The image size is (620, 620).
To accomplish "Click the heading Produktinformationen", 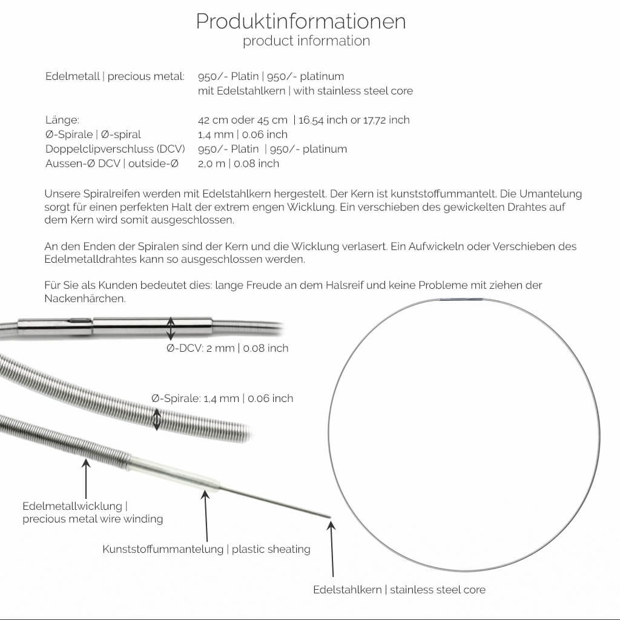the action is (x=301, y=21).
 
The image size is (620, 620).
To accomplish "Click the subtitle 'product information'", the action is (x=306, y=41).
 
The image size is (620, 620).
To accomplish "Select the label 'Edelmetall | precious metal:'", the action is (x=115, y=76).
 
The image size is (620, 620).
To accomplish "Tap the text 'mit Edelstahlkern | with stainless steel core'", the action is (x=305, y=91).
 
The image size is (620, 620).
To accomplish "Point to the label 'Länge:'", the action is (x=62, y=120).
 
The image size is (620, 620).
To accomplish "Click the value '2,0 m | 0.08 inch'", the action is (x=239, y=163).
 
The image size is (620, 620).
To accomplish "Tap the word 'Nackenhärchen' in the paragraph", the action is (x=85, y=299).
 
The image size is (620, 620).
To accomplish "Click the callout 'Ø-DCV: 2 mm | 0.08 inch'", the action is (x=228, y=348).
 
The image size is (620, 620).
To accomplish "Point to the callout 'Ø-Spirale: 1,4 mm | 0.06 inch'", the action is (x=222, y=398).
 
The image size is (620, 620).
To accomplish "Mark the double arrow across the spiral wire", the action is (x=157, y=419).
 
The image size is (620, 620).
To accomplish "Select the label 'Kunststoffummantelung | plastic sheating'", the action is (x=206, y=549).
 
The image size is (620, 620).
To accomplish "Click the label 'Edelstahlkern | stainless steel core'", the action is (x=399, y=589).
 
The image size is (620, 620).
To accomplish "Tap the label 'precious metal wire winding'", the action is (x=93, y=519).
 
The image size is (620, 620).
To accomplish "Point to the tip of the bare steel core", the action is (x=329, y=516).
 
